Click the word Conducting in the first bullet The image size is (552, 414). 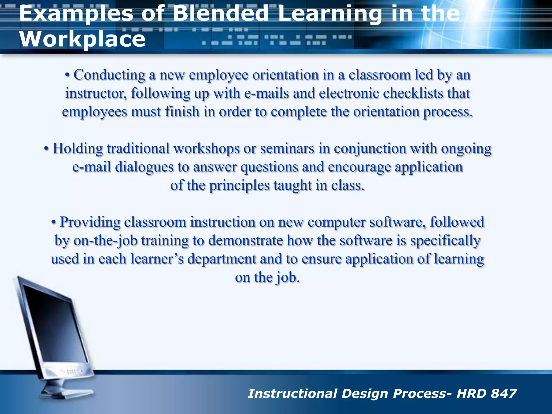tap(109, 75)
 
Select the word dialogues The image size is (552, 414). tap(144, 167)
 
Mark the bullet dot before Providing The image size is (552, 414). tap(54, 222)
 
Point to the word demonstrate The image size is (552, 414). tap(246, 240)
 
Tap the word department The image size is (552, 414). tap(222, 259)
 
